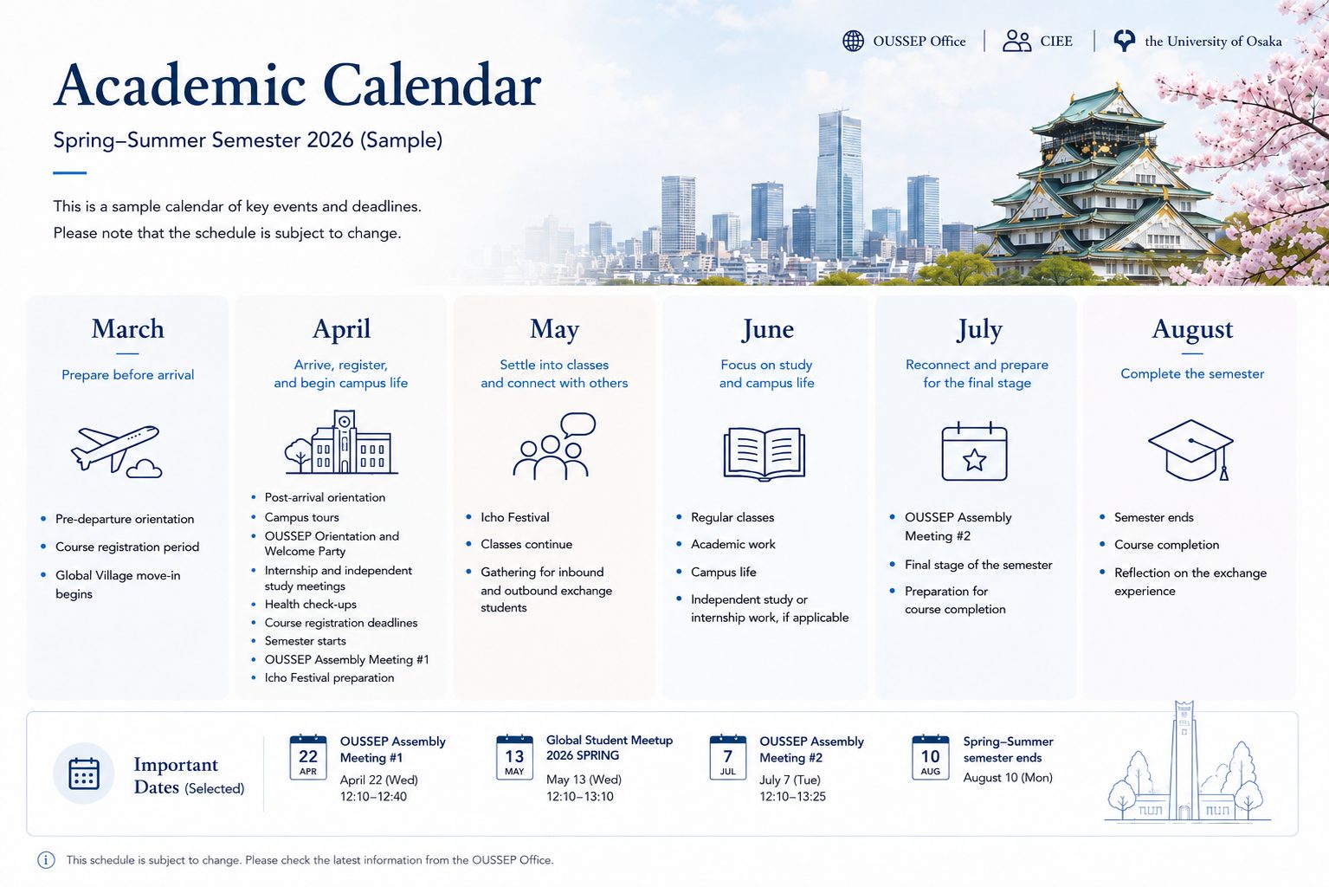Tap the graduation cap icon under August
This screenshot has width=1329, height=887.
[x=1191, y=450]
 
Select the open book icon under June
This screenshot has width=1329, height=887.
[x=764, y=454]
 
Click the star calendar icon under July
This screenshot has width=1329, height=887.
[x=974, y=451]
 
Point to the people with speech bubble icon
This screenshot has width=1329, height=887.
[x=554, y=446]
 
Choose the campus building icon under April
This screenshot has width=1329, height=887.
[x=341, y=442]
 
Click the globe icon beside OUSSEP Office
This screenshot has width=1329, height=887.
[x=853, y=41]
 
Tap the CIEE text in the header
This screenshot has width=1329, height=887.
[x=1056, y=41]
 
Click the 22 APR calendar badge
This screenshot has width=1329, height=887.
[x=308, y=757]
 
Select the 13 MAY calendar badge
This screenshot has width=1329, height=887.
[x=514, y=757]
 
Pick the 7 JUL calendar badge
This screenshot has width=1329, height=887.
[x=728, y=757]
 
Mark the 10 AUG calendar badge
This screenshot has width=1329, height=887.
[x=930, y=757]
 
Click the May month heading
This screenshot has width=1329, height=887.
[x=554, y=329]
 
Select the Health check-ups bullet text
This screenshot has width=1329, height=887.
[x=310, y=605]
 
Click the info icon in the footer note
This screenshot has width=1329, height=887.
[x=46, y=859]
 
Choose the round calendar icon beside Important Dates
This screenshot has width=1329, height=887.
[x=84, y=773]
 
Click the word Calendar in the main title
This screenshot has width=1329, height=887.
[x=432, y=85]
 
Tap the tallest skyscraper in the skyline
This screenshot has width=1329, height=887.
[x=838, y=184]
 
